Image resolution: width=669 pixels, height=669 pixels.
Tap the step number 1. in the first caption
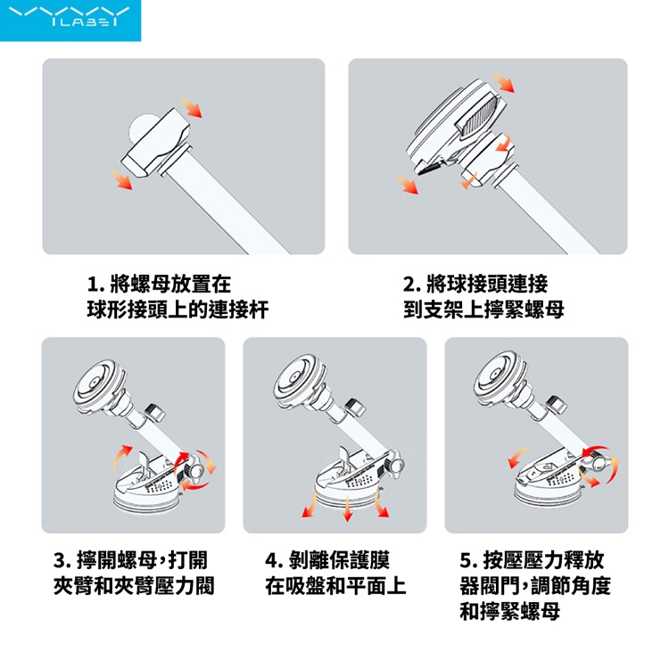96,285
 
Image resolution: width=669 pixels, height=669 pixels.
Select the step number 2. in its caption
412,285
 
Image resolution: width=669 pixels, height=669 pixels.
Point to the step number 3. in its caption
62,561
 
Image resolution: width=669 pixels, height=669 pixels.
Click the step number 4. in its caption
275,561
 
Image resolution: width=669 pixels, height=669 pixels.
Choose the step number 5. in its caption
469,561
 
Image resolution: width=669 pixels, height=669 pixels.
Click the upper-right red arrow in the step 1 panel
192,108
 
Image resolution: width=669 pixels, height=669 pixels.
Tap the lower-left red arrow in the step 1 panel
121,179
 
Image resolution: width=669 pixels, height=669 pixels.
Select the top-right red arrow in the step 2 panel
504,82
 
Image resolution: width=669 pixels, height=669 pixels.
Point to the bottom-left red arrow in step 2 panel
408,185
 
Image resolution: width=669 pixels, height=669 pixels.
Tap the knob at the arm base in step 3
197,471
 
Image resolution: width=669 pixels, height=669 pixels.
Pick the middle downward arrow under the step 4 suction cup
348,508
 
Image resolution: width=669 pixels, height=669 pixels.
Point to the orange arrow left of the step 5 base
520,457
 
